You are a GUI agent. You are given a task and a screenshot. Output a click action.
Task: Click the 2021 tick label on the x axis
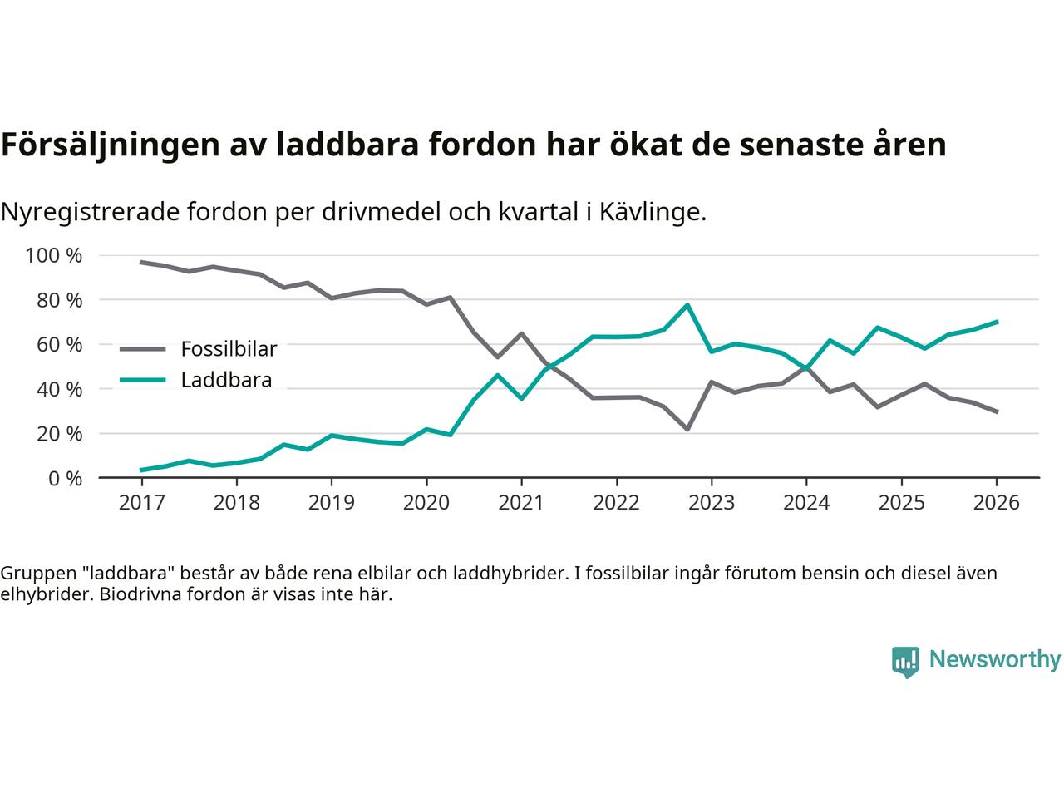[x=521, y=503]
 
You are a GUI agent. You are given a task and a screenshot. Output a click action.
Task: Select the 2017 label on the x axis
[x=141, y=503]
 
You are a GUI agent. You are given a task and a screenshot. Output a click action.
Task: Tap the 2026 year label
[x=996, y=503]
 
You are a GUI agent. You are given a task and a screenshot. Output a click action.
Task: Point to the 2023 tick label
[x=711, y=503]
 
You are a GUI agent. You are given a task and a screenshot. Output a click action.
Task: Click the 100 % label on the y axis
[x=54, y=255]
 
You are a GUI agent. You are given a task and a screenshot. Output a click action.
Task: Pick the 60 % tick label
[x=59, y=344]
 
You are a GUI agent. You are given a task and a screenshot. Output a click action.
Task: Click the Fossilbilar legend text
[x=229, y=348]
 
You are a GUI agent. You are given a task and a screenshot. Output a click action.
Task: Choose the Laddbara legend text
[x=226, y=381]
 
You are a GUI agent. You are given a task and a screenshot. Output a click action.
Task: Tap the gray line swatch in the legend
[x=143, y=349]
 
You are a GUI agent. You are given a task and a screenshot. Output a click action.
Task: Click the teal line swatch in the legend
[x=143, y=381]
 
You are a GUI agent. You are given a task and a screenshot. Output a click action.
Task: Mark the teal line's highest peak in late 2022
[x=687, y=305]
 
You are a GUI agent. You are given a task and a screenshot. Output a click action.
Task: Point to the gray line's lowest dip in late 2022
[x=687, y=429]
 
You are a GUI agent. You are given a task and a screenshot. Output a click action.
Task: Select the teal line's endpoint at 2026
[x=997, y=322]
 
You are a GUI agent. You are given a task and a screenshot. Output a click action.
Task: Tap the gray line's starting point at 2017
[x=141, y=262]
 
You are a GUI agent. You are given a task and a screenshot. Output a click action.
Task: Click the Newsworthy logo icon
[x=905, y=662]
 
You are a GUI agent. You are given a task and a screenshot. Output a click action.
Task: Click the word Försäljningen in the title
[x=105, y=145]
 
